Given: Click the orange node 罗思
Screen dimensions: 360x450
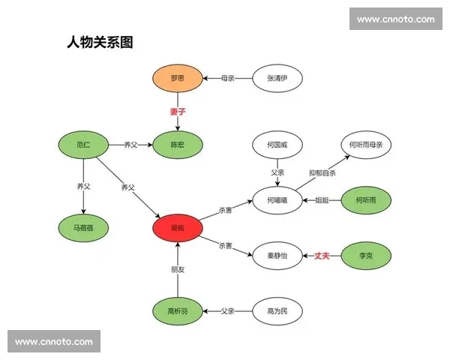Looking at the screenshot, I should (177, 77).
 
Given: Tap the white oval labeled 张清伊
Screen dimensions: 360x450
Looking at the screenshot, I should (277, 77).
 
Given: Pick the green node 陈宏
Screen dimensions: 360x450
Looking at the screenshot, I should (177, 145).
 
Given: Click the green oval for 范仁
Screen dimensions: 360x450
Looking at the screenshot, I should (83, 144).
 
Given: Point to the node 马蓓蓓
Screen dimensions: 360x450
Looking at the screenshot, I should (83, 226).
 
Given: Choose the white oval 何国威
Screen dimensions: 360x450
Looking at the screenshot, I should (277, 144).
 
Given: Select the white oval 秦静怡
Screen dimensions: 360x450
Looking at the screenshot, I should (277, 256).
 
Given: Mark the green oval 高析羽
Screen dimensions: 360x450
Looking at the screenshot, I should (177, 310).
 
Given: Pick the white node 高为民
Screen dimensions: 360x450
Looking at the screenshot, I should (277, 310).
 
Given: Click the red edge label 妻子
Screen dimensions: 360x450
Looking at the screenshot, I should (177, 112).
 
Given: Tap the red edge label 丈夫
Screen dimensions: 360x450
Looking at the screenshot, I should (322, 256).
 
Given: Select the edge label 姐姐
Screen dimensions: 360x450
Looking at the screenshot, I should (322, 200).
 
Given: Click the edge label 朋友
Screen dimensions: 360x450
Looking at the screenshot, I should (177, 269).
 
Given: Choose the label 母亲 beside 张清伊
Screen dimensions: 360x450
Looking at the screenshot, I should (228, 77).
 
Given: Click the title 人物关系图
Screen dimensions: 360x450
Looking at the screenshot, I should (100, 42).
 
